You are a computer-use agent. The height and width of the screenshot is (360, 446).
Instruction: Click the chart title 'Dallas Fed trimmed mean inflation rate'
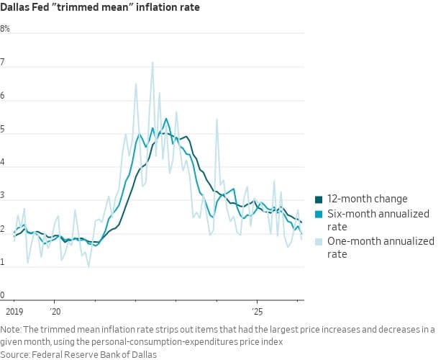[x=100, y=8]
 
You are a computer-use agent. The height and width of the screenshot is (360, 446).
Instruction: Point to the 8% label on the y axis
[x=5, y=29]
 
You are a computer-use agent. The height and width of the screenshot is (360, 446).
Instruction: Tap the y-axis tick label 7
[x=4, y=63]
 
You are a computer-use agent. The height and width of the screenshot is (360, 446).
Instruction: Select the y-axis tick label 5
[x=4, y=130]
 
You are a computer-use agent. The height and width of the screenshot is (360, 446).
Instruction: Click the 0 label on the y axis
[x=4, y=295]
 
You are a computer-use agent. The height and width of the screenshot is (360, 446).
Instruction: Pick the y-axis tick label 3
[x=4, y=196]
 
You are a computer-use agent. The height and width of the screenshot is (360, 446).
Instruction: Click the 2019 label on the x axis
[x=14, y=312]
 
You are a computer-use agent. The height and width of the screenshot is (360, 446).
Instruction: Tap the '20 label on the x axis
[x=55, y=312]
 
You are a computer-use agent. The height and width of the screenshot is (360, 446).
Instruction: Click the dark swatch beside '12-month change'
[x=319, y=199]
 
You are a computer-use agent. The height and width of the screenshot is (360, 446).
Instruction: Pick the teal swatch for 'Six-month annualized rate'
[x=319, y=214]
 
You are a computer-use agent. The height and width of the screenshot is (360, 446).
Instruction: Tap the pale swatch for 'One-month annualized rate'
[x=319, y=241]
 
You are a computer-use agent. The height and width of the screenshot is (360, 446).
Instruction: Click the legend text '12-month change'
[x=367, y=199]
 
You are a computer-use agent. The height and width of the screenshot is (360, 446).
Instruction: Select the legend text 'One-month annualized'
[x=381, y=241]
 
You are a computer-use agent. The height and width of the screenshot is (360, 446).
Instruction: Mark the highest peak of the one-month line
[x=153, y=62]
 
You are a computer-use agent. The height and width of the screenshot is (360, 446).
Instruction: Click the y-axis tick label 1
[x=4, y=262]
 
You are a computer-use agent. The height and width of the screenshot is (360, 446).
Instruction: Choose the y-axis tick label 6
[x=4, y=96]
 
